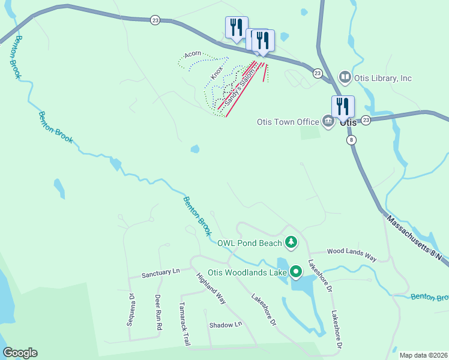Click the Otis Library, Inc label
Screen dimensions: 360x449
(384, 78)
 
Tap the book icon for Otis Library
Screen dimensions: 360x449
(345, 77)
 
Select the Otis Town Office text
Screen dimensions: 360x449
(288, 122)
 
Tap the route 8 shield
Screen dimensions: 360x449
(351, 140)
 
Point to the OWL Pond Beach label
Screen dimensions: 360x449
(249, 243)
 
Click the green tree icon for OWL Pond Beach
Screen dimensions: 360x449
(291, 242)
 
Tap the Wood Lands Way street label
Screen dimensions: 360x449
(351, 254)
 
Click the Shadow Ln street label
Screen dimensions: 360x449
(225, 325)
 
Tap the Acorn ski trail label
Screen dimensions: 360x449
(193, 54)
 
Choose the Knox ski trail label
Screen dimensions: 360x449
(217, 73)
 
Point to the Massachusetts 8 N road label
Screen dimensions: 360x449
(414, 238)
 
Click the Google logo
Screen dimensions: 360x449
(20, 353)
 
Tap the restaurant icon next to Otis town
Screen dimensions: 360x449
(343, 107)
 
